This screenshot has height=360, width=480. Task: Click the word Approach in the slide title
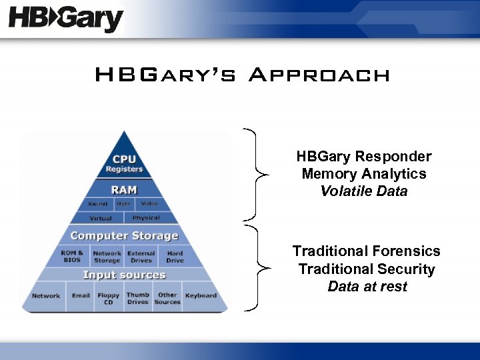318,75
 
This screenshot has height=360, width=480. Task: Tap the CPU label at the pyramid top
125,159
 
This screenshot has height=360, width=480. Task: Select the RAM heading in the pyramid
124,190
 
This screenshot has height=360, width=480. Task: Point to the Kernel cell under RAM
98,204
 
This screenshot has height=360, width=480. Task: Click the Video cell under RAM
149,204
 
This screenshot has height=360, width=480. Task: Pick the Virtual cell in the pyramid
101,218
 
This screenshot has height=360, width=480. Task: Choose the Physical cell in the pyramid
146,218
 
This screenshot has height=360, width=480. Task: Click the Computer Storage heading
124,236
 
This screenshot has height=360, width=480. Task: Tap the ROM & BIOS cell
72,257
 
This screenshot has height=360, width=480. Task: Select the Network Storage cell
107,257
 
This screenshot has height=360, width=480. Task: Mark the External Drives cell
141,257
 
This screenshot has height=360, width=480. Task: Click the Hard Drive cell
175,257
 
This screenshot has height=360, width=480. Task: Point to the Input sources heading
124,275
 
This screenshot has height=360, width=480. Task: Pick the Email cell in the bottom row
81,296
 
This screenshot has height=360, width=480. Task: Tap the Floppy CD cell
108,299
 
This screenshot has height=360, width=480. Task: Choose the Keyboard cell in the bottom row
201,296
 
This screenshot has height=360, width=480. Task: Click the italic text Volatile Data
363,191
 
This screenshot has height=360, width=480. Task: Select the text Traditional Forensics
366,251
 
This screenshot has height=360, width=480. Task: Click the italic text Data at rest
367,287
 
